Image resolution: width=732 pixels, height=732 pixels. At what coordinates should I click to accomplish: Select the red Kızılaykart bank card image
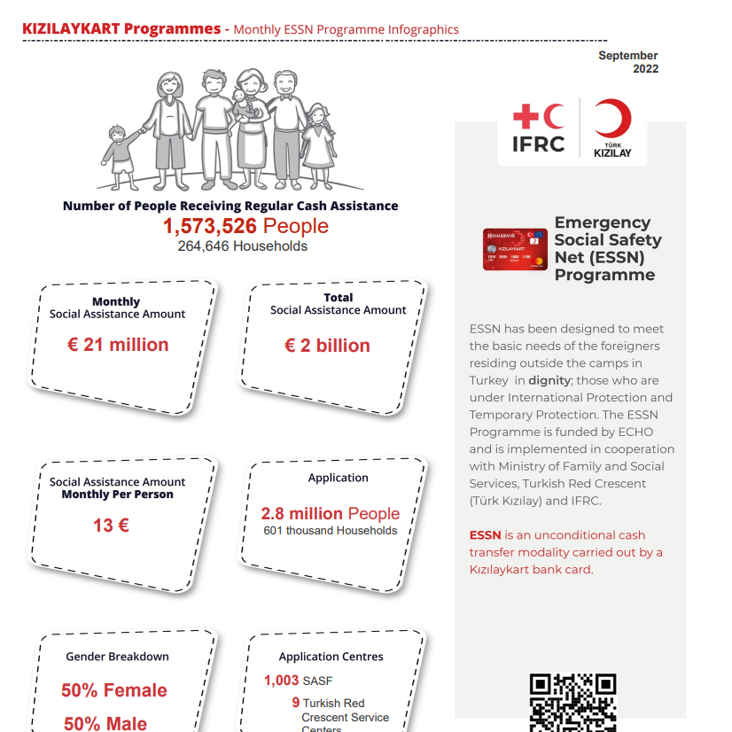pos(515,249)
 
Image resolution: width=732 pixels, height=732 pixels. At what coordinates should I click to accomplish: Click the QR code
pos(572,702)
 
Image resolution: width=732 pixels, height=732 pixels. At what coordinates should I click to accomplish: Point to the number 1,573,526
pos(209,227)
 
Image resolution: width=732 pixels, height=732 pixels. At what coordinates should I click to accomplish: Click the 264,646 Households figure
pos(242,246)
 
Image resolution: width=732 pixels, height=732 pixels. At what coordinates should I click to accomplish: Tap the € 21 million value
pos(118,345)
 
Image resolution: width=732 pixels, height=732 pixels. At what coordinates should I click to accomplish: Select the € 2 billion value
pos(327,346)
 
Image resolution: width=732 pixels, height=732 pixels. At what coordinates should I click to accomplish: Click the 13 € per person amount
pos(111,526)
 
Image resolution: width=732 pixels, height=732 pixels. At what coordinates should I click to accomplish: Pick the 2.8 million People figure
pos(330,513)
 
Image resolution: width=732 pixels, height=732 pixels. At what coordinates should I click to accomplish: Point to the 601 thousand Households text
pos(331,531)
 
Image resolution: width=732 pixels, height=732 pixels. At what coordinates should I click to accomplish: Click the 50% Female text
pos(113,690)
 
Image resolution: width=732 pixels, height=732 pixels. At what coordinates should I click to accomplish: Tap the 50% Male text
pos(105,723)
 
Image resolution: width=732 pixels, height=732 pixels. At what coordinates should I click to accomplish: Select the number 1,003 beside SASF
pos(281,681)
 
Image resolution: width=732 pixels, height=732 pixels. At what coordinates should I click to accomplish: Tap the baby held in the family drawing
pos(240,99)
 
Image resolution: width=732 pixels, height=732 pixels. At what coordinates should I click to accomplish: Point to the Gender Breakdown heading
pos(117,657)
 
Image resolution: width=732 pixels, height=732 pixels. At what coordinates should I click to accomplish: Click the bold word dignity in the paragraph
pos(549,380)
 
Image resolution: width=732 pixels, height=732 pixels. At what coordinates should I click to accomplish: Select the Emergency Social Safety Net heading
pos(607,248)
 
